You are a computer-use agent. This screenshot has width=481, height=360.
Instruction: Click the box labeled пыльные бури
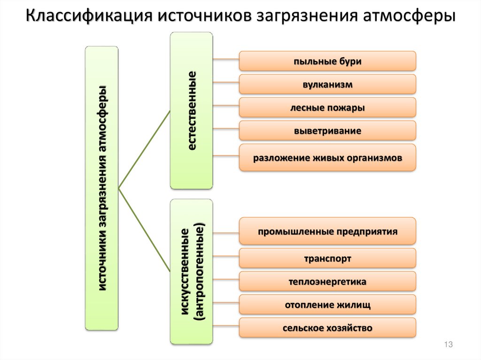click(327, 61)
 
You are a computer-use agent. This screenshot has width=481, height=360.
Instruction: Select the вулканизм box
click(327, 84)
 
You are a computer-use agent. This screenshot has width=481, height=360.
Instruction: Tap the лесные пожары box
click(327, 107)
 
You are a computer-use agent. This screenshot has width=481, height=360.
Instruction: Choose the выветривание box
click(327, 130)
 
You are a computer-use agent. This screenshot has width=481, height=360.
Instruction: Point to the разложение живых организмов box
click(327, 158)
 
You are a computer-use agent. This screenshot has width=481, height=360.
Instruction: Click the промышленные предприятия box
click(327, 231)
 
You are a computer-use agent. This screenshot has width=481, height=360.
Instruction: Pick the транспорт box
click(327, 258)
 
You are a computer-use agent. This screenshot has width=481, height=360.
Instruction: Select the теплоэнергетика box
click(327, 282)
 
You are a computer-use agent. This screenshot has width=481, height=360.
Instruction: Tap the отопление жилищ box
click(327, 305)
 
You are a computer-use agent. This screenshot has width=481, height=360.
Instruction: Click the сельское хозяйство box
click(327, 328)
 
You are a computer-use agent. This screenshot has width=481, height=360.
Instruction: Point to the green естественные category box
click(191, 111)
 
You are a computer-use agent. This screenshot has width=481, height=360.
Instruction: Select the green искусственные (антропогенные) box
click(191, 271)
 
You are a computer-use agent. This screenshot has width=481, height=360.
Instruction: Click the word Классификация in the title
click(87, 15)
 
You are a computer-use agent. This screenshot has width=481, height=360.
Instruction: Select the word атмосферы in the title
click(410, 15)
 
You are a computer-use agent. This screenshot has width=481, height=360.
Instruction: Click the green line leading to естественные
click(144, 150)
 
